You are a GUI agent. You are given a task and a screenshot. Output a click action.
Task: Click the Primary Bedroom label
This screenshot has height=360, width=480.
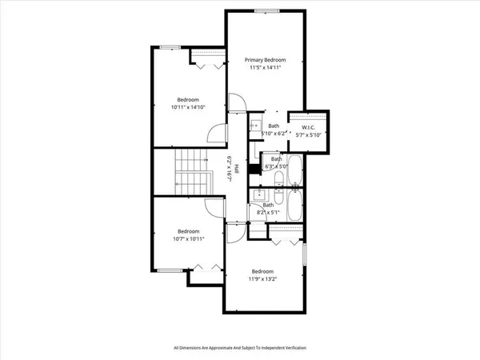point(265,60)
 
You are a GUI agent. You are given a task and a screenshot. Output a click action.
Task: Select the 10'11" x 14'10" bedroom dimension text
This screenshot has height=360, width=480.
point(188,106)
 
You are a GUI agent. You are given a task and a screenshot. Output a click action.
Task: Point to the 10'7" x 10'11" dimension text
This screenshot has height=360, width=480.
point(188,238)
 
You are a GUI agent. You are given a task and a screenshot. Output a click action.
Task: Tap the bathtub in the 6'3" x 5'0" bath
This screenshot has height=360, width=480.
point(294,170)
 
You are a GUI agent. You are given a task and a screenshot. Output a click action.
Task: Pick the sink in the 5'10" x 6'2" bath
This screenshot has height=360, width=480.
point(255,126)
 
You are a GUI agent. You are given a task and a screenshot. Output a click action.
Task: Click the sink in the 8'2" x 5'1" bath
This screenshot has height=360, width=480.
point(260,194)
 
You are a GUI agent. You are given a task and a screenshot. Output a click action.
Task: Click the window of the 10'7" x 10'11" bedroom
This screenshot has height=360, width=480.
point(170,270)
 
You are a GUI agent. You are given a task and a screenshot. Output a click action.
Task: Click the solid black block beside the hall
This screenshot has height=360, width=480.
point(254,169)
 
